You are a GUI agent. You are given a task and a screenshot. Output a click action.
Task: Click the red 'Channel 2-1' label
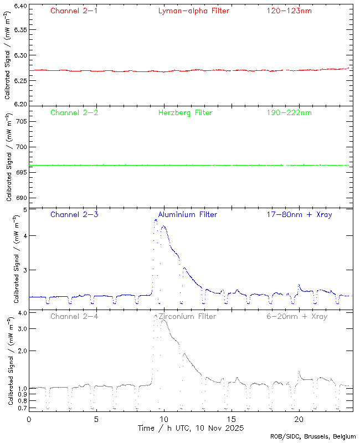click(x=74, y=11)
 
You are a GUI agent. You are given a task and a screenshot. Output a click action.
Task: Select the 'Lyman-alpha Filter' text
click(x=193, y=11)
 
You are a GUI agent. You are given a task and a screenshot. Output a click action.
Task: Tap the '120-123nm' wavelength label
click(x=289, y=11)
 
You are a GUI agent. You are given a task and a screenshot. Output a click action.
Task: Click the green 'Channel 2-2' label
click(x=74, y=112)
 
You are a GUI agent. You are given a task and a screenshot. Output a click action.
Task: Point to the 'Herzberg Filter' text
click(x=186, y=112)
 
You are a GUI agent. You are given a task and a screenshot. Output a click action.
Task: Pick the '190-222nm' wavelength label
click(x=289, y=112)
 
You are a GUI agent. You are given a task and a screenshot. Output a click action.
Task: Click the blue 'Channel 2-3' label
click(x=74, y=214)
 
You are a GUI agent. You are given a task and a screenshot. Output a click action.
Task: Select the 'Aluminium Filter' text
click(x=188, y=214)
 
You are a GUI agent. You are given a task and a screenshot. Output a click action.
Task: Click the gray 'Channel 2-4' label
click(x=74, y=317)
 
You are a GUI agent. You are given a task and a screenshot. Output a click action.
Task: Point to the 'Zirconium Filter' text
click(x=187, y=317)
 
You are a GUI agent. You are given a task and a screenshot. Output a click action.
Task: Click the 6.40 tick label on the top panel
click(x=19, y=7)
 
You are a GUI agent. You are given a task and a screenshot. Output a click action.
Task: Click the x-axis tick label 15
click(x=231, y=419)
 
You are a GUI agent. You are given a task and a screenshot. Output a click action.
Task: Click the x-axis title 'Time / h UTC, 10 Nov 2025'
click(x=191, y=428)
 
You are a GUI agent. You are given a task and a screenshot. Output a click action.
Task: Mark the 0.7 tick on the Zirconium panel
click(x=22, y=408)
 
